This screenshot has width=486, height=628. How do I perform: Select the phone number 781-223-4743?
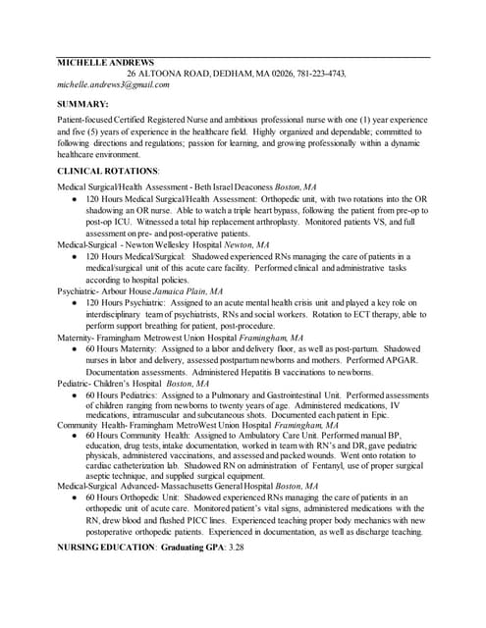tap(318, 74)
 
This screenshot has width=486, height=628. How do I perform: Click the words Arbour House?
tap(124, 292)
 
